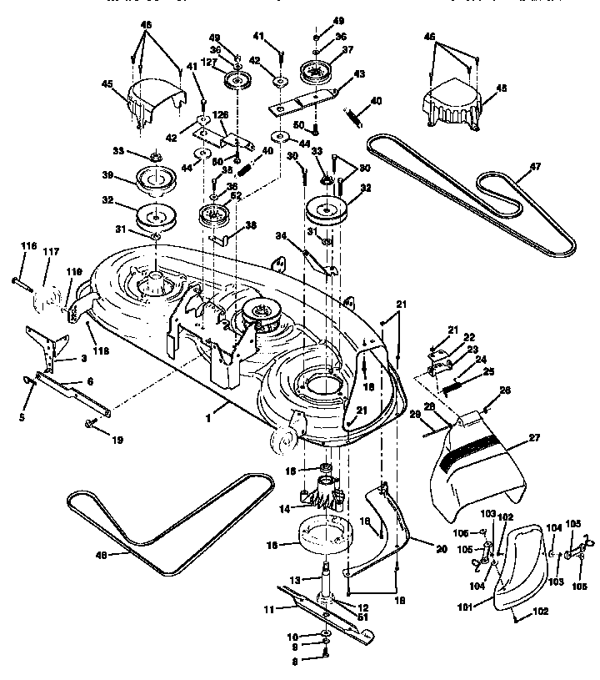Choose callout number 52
pyautogui.click(x=237, y=195)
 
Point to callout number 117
pyautogui.click(x=52, y=252)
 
